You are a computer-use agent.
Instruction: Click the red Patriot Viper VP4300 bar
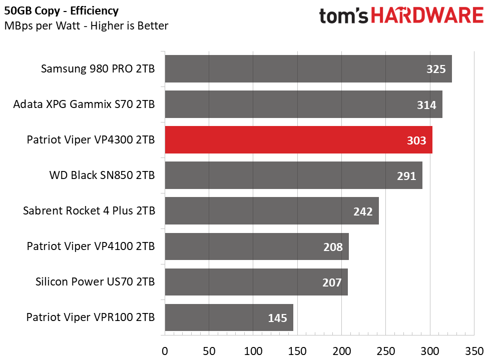point(298,140)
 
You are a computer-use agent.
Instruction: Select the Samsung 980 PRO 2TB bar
point(308,68)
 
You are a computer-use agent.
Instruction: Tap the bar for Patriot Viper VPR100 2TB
point(229,317)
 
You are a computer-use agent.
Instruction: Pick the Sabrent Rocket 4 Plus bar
point(272,211)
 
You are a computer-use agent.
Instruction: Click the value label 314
point(426,105)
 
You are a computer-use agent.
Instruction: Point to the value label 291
point(406,176)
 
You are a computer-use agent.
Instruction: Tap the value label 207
point(332,282)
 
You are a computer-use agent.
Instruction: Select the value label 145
point(277,318)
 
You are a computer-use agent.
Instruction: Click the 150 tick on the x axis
point(297,351)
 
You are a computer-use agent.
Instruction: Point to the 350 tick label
point(474,351)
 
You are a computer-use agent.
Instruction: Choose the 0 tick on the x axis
point(165,351)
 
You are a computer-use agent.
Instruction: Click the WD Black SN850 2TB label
point(102,175)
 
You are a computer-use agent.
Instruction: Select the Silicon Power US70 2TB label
point(95,281)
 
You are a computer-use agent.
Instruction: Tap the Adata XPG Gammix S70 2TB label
point(84,104)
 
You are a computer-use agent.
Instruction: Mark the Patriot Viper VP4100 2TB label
point(91,246)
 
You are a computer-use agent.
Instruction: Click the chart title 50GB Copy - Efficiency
point(61,11)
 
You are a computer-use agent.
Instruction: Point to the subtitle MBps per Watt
point(42,26)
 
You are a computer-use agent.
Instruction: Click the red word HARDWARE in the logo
point(427,15)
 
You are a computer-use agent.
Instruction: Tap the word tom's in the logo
point(343,16)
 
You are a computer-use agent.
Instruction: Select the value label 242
point(363,211)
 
